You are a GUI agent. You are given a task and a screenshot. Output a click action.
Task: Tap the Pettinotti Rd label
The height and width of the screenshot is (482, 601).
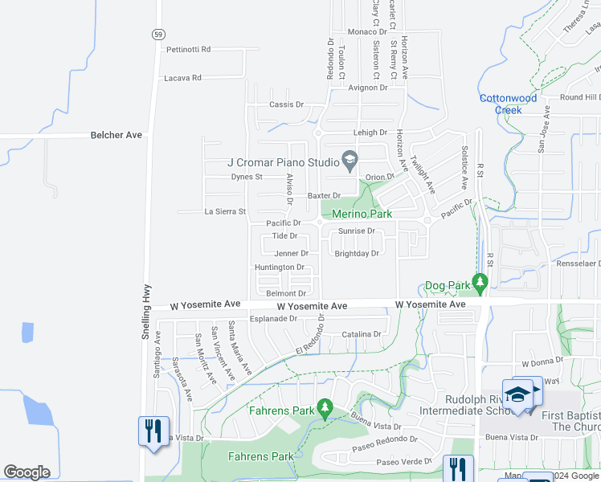coord(188,49)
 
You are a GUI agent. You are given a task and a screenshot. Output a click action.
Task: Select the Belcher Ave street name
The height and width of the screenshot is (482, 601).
coord(117,135)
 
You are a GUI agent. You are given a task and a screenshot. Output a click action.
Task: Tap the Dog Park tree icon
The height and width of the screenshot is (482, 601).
coord(480,282)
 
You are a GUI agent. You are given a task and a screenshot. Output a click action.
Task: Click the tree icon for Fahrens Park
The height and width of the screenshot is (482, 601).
coord(325,408)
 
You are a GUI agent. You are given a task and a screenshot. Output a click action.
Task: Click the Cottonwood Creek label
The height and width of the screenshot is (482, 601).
coord(508,104)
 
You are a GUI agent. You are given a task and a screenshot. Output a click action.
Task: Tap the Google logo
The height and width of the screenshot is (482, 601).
coord(27,472)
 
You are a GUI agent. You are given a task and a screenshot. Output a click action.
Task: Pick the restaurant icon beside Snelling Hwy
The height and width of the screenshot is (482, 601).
coord(153,431)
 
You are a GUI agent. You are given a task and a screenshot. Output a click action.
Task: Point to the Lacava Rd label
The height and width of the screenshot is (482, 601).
coord(182,78)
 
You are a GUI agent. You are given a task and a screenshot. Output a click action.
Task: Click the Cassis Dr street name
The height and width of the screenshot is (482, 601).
coord(287,104)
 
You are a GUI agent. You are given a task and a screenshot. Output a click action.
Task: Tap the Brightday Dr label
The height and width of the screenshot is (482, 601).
coord(356,253)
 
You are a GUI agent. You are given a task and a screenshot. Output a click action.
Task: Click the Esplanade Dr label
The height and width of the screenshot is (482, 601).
coord(272,318)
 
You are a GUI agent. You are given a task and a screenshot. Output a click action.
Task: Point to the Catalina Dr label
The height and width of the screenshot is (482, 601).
coord(361,333)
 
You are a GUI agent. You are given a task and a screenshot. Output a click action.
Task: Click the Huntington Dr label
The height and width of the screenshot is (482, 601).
coord(280,267)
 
